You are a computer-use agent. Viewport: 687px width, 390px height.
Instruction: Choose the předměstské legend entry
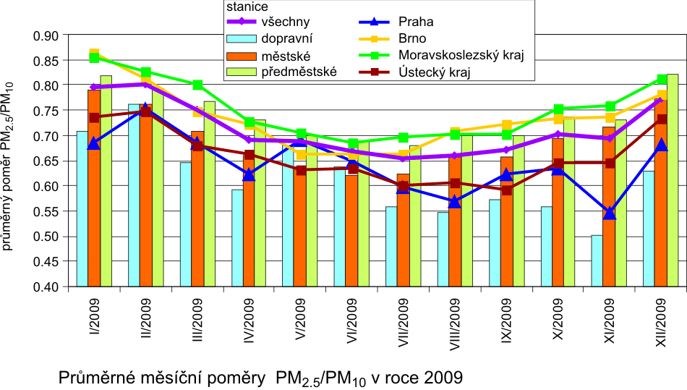click(297, 72)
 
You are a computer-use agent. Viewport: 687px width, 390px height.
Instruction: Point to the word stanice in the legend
click(243, 6)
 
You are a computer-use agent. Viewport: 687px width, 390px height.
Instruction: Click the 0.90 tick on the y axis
click(46, 35)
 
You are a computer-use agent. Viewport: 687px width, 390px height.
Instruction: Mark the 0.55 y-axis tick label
click(46, 211)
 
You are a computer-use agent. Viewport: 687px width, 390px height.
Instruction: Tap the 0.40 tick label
click(46, 287)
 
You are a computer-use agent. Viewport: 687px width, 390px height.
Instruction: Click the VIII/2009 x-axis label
click(453, 324)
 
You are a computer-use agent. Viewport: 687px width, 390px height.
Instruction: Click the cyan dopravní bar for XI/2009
click(597, 260)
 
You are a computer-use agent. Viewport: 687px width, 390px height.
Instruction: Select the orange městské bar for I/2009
click(94, 188)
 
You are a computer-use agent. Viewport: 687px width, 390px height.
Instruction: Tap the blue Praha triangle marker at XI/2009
click(610, 213)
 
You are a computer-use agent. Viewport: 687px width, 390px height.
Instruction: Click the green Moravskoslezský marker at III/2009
click(197, 85)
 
